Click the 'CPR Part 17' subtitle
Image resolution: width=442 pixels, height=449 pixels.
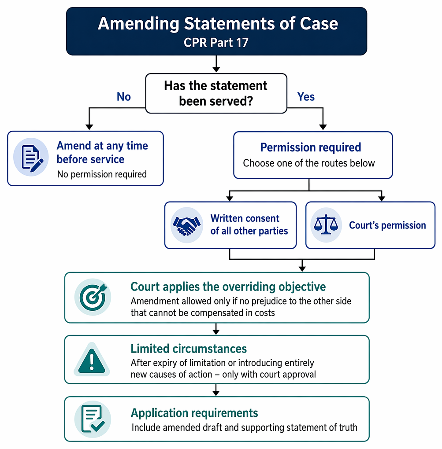(216, 42)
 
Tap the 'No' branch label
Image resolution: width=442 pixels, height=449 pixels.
(123, 97)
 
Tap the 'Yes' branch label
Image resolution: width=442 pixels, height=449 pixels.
(306, 97)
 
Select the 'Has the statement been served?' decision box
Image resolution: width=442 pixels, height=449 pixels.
(216, 93)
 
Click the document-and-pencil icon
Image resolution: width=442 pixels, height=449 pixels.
(31, 157)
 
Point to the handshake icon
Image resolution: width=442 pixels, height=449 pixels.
(187, 225)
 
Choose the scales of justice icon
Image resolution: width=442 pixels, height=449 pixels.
(326, 225)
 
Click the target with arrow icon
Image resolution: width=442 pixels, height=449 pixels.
(93, 297)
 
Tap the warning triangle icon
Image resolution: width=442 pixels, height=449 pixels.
(92, 359)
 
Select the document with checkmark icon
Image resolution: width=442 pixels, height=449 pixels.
(93, 419)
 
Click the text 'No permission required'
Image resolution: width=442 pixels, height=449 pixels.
(102, 174)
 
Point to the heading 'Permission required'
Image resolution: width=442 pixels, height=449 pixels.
(310, 147)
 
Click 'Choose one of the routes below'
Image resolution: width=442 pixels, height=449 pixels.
(309, 163)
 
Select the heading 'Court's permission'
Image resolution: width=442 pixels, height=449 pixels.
(387, 225)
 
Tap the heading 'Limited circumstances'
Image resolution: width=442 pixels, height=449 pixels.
(189, 349)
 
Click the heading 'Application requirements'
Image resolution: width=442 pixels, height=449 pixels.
(194, 413)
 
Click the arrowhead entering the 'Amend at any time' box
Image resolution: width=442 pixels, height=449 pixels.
(89, 127)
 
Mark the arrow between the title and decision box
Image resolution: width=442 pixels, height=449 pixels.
(216, 63)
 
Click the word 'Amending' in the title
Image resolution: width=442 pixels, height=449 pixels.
(138, 24)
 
